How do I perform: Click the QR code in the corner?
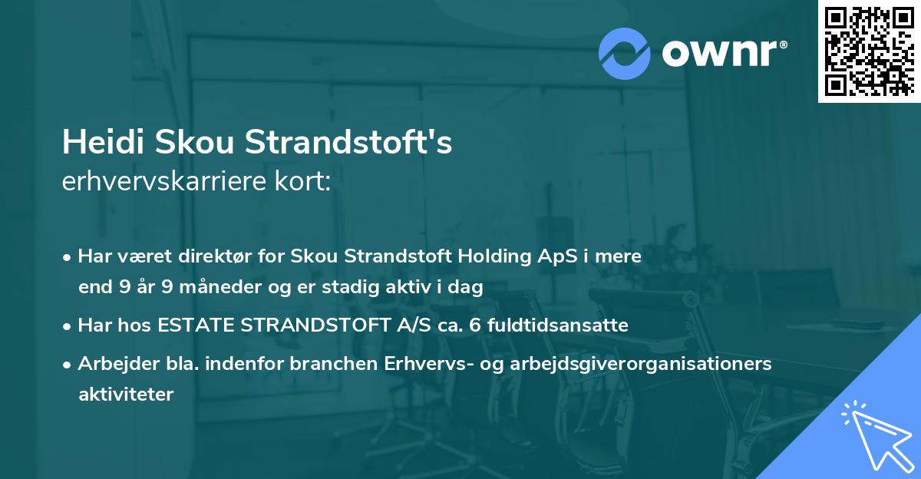868,51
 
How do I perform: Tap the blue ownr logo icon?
625,52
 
